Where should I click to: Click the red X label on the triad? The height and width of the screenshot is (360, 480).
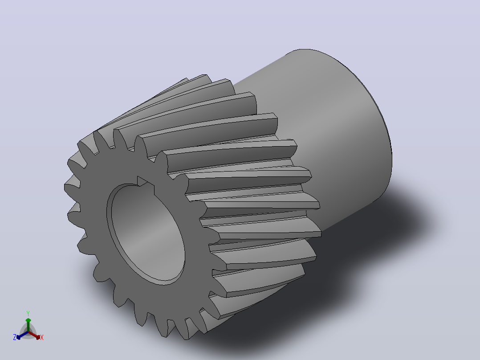(x=42, y=337)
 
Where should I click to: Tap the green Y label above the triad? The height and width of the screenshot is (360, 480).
(x=28, y=313)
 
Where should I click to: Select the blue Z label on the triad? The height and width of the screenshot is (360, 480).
(x=15, y=337)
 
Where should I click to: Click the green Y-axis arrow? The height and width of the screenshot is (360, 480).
(x=28, y=325)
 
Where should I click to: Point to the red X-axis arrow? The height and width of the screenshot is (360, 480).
(x=34, y=335)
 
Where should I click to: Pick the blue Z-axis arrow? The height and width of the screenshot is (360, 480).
(x=22, y=335)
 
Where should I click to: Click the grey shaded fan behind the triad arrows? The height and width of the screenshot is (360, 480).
(x=28, y=331)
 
